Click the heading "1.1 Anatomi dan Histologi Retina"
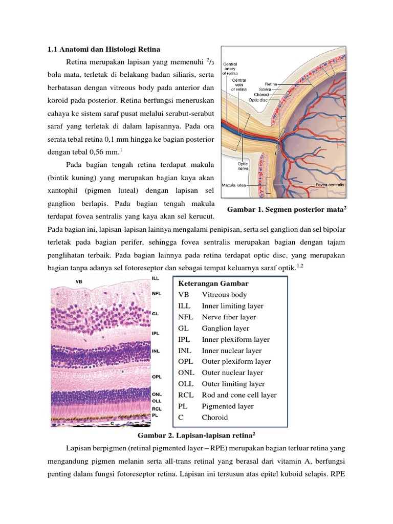pyautogui.click(x=103, y=49)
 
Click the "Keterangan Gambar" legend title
pyautogui.click(x=213, y=283)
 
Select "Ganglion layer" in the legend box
pyautogui.click(x=226, y=328)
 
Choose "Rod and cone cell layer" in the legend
pyautogui.click(x=239, y=395)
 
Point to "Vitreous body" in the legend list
pyautogui.click(x=224, y=295)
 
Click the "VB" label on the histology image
pyautogui.click(x=79, y=281)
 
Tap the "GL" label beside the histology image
pyautogui.click(x=155, y=313)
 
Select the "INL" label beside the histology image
pyautogui.click(x=156, y=352)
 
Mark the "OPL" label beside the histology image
pyautogui.click(x=157, y=377)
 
